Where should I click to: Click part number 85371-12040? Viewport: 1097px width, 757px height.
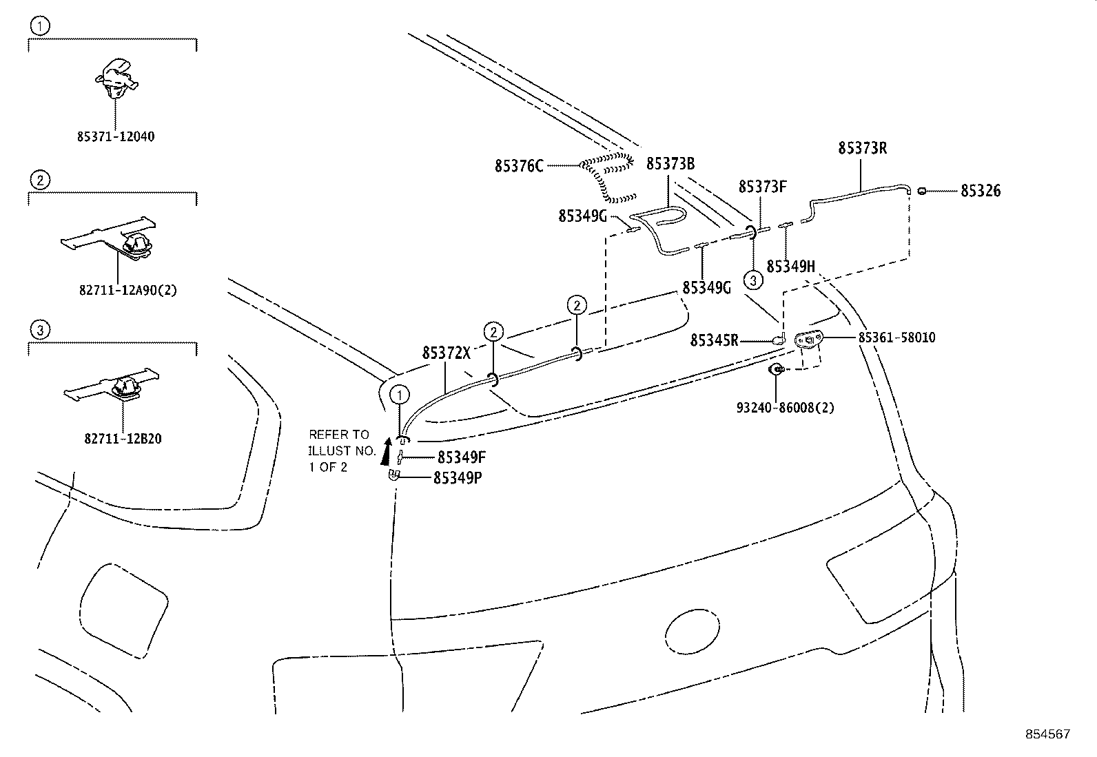(115, 136)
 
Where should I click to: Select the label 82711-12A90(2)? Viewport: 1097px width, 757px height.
(128, 291)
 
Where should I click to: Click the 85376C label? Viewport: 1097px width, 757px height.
(519, 166)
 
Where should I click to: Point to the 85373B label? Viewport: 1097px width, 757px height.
(670, 164)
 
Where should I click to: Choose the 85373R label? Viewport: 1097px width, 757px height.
(862, 148)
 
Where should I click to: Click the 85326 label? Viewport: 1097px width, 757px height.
(981, 191)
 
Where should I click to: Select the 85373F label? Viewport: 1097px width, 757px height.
(762, 187)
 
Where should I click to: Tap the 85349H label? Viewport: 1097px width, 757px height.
(790, 267)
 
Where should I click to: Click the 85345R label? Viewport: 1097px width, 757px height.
(714, 340)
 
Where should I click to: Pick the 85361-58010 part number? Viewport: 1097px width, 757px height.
(896, 338)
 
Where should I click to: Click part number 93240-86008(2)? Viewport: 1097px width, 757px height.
(785, 408)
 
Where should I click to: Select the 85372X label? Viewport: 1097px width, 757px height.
(446, 353)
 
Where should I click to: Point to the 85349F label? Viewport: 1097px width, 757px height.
(462, 457)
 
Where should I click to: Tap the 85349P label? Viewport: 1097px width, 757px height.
(457, 477)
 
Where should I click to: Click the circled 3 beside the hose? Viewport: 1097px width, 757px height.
(752, 280)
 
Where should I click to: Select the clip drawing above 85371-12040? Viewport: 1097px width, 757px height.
(116, 77)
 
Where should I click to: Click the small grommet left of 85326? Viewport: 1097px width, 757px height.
(921, 191)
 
